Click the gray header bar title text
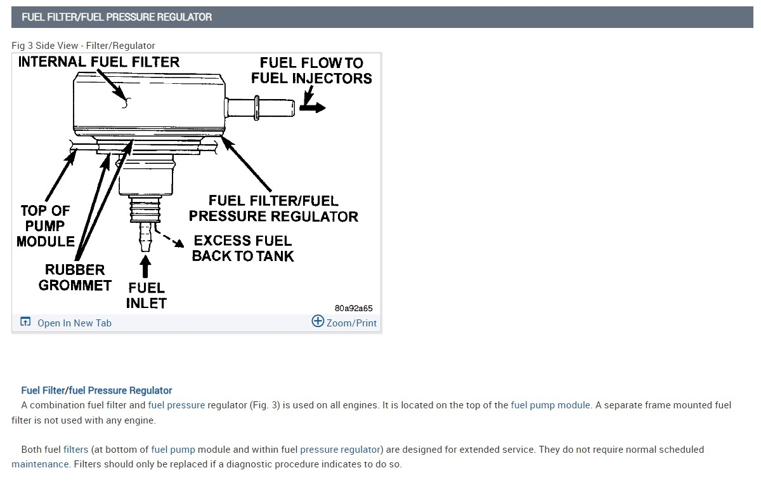117,17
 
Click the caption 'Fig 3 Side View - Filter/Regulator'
83,46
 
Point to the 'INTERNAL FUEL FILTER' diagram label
99,62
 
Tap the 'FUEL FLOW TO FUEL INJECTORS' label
311,70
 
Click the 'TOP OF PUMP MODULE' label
45,225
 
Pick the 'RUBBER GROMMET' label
75,278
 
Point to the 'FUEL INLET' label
146,295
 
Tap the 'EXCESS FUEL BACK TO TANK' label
243,248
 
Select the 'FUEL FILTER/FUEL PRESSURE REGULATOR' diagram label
273,208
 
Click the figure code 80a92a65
354,309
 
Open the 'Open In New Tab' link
74,323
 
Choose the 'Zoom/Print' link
351,323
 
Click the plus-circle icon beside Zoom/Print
318,321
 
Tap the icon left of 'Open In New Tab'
25,322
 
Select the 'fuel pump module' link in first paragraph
550,405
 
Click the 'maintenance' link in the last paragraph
40,464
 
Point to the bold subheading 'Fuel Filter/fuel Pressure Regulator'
96,391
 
